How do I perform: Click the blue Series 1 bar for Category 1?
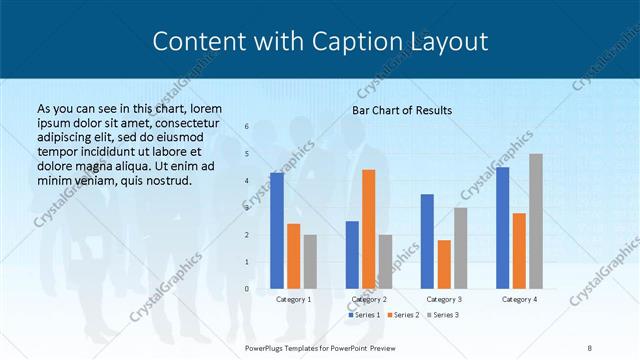pos(277,230)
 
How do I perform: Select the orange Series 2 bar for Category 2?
pos(369,229)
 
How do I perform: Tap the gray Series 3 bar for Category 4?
pos(536,221)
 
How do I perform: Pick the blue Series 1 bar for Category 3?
pos(427,241)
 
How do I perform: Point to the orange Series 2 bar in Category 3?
pos(444,264)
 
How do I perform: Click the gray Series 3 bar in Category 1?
pos(310,261)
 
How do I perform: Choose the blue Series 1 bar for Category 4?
pos(503,227)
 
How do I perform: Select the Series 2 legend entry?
pos(402,315)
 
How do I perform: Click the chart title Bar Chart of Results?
pos(402,110)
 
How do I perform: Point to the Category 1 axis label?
pos(293,299)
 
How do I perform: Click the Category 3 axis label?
pos(443,299)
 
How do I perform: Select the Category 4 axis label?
pos(519,299)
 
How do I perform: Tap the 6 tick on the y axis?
pos(246,126)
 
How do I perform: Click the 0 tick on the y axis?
pos(246,289)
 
